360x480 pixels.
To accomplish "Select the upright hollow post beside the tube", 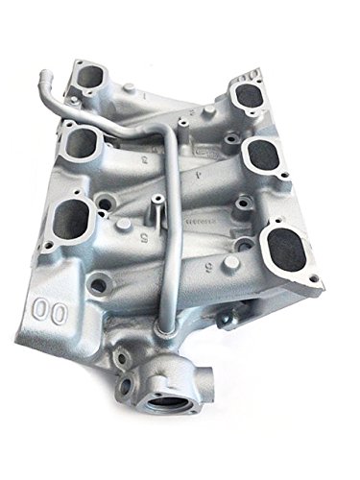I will click(154, 206).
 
